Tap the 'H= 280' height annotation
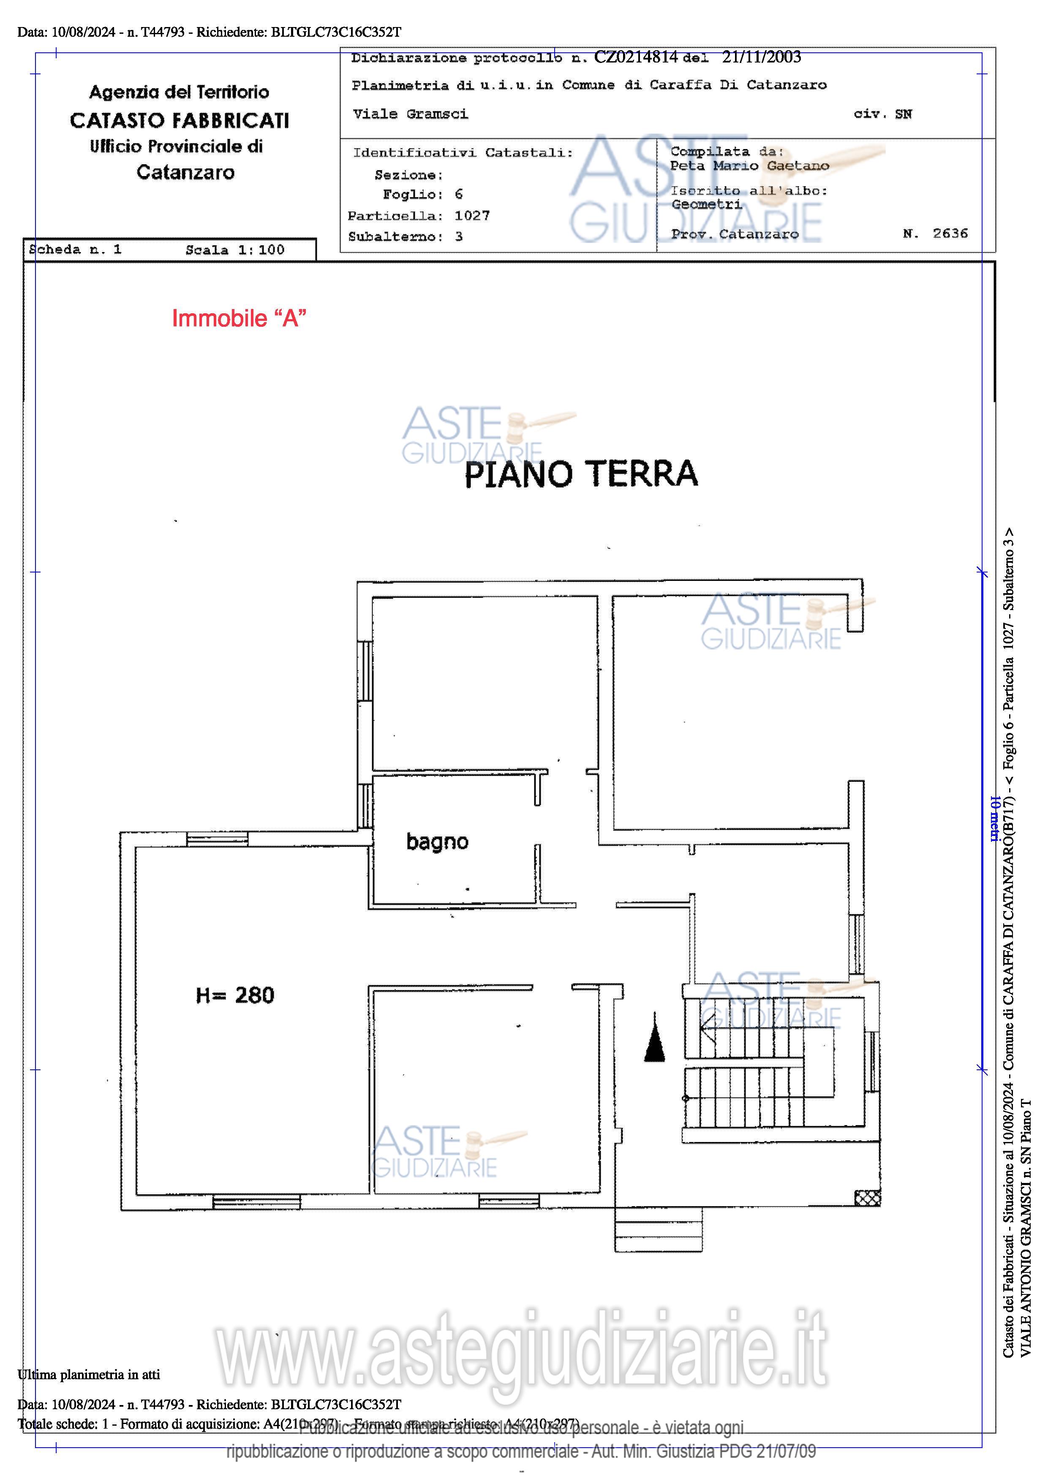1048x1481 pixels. tap(235, 995)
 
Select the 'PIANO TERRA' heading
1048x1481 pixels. tap(581, 474)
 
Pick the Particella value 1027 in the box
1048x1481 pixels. tap(472, 215)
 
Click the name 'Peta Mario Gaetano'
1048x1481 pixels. tap(749, 166)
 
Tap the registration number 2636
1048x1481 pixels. tap(950, 233)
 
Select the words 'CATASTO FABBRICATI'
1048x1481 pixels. tap(180, 121)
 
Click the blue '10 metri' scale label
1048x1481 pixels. tap(994, 819)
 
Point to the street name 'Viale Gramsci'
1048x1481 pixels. tap(411, 114)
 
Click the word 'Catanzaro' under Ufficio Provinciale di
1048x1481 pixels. tap(185, 172)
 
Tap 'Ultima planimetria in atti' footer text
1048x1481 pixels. tap(88, 1375)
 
